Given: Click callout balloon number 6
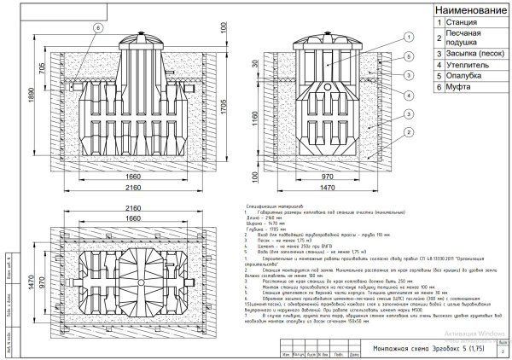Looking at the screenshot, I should click(x=97, y=26).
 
